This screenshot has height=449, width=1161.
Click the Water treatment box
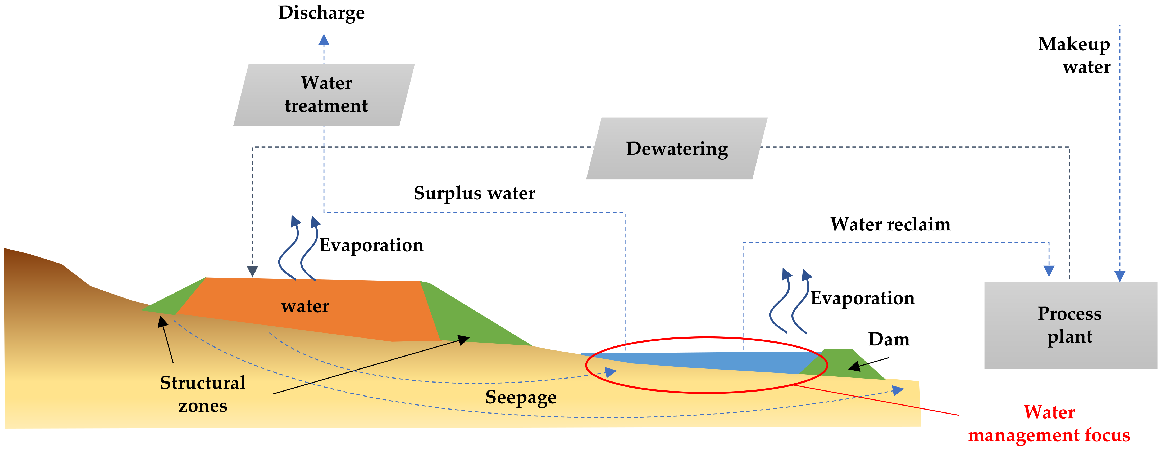[x=324, y=95]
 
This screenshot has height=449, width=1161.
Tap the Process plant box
[x=1070, y=325]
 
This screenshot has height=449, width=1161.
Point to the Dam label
[x=889, y=339]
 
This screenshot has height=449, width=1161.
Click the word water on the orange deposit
[x=305, y=306]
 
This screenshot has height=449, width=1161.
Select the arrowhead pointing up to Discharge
[x=324, y=40]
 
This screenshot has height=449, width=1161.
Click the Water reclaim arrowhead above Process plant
[x=1049, y=271]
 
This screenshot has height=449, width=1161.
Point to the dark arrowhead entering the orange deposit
[x=252, y=271]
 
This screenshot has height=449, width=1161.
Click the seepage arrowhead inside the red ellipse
[x=611, y=372]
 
